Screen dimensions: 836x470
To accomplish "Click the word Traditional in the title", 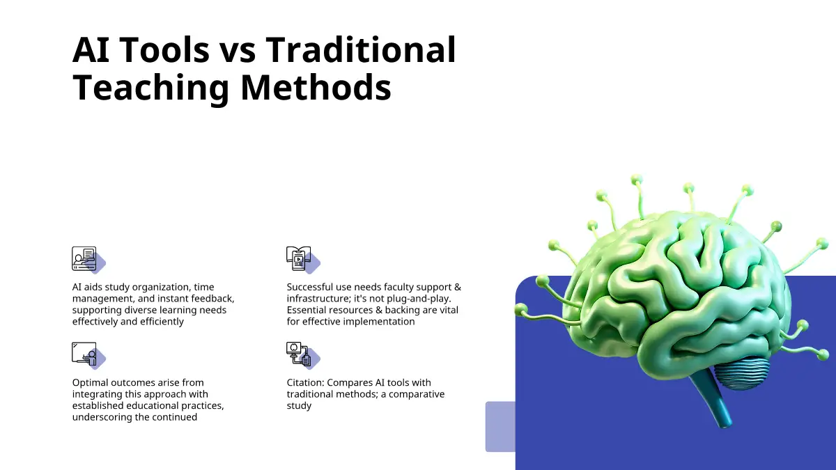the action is [x=361, y=49].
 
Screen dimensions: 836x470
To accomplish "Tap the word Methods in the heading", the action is [x=316, y=87].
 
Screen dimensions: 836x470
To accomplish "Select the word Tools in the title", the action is [x=165, y=49].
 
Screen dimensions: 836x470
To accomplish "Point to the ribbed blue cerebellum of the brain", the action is [x=741, y=373].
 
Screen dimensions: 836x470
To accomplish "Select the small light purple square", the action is [x=500, y=427].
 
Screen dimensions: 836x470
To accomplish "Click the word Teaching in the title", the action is [x=150, y=88].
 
